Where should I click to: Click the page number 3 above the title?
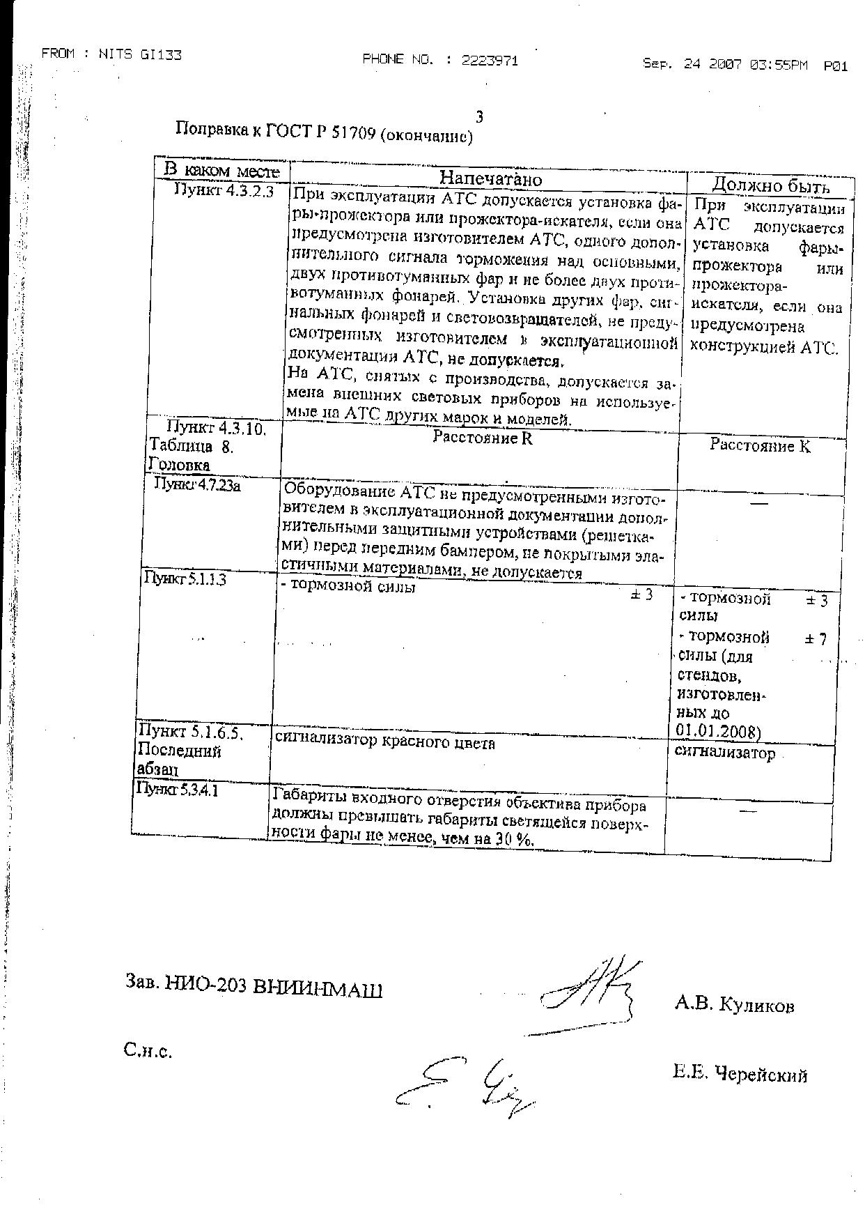(478, 116)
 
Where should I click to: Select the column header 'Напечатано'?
(490, 178)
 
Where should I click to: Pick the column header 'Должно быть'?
(770, 185)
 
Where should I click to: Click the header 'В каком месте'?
(221, 170)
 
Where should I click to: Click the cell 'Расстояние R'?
(483, 438)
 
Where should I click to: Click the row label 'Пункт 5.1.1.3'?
(185, 578)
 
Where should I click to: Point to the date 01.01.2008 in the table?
(718, 730)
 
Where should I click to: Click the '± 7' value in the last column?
(816, 638)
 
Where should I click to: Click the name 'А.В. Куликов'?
(734, 1005)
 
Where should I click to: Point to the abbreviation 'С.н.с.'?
(148, 1051)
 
